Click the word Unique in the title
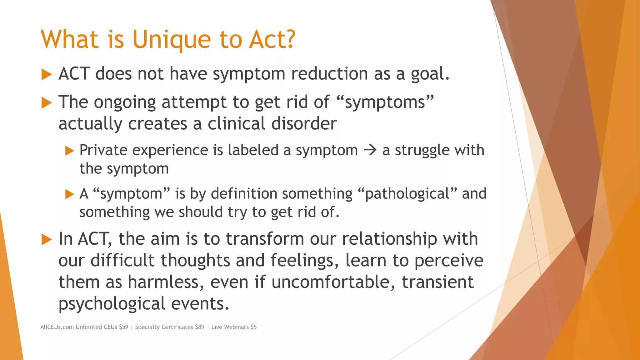(x=172, y=40)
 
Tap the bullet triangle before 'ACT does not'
(x=46, y=75)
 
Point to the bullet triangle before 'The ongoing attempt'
(x=46, y=103)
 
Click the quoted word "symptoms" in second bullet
(x=385, y=102)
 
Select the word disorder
(x=304, y=123)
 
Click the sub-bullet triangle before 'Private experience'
(x=69, y=151)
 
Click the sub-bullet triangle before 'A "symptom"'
(x=69, y=194)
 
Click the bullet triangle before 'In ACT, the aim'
(x=46, y=240)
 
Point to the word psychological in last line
(x=112, y=304)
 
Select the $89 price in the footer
(x=199, y=327)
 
